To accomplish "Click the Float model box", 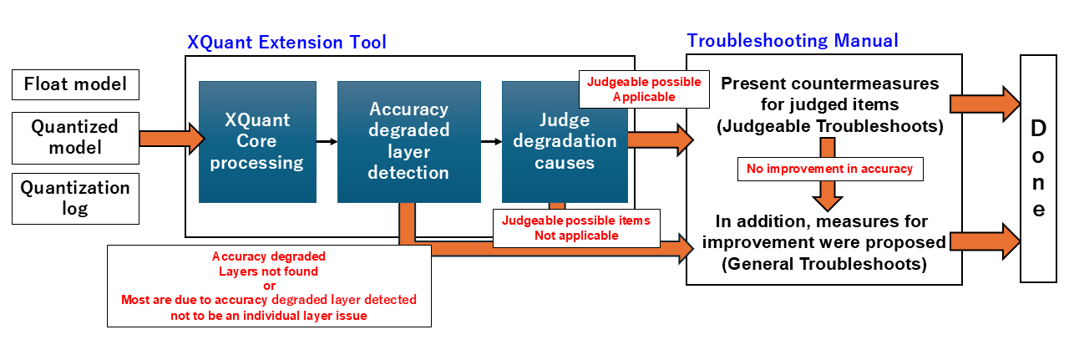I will (75, 84).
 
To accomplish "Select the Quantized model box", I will (75, 137).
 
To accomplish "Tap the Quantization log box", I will (75, 198).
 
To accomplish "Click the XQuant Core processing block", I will (257, 141).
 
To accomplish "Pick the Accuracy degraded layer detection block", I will (408, 141).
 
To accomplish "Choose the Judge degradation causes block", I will (565, 141).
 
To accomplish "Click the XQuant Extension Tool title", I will (286, 42).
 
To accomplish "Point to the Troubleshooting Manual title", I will (793, 40).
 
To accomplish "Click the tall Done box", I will (1038, 168).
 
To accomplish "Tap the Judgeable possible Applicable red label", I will (643, 89).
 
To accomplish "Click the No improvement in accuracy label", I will (829, 169).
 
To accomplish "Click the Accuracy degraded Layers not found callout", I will (269, 286).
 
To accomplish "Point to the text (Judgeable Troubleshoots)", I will (829, 127).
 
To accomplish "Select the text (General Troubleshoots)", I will (823, 263).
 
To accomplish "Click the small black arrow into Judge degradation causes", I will (491, 141).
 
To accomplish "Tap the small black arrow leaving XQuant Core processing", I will (327, 141).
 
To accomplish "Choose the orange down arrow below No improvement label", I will (828, 196).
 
